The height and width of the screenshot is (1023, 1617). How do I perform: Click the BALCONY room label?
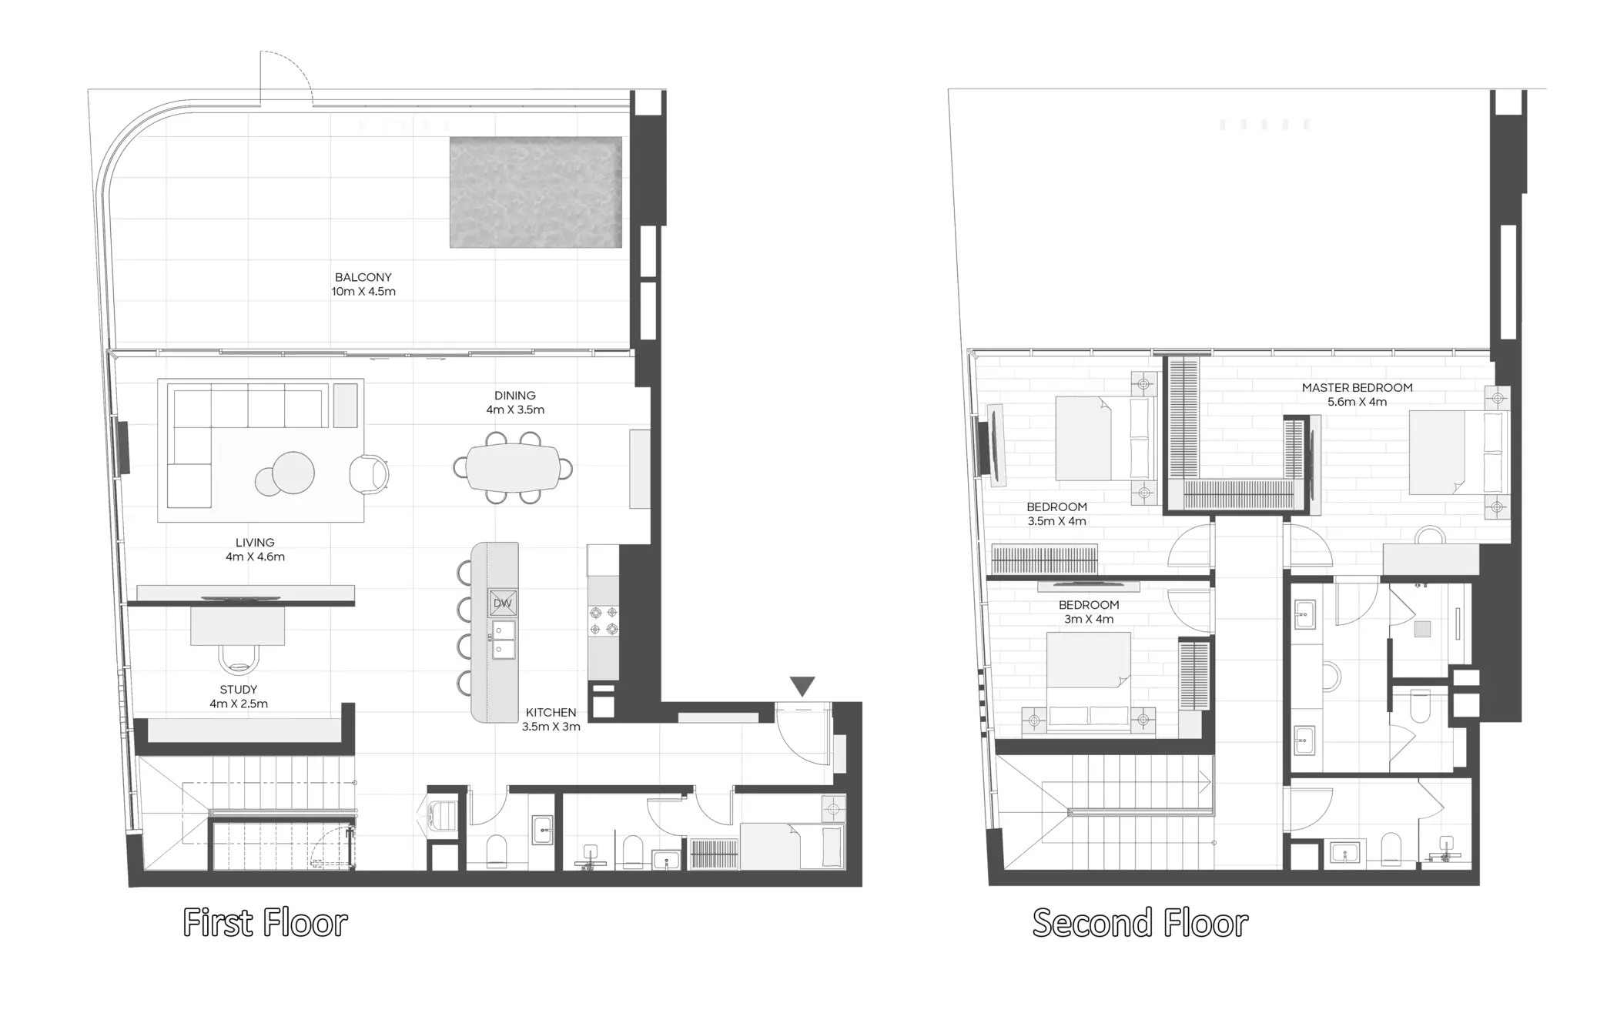pyautogui.click(x=363, y=284)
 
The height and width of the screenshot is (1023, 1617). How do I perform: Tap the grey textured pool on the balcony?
pyautogui.click(x=535, y=192)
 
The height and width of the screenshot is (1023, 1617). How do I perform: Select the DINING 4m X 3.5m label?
pyautogui.click(x=515, y=403)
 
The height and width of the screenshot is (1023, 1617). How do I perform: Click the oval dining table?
pyautogui.click(x=513, y=467)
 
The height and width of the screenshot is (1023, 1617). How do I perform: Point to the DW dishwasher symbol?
pyautogui.click(x=502, y=603)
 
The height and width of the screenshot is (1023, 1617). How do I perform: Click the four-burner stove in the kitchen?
pyautogui.click(x=603, y=620)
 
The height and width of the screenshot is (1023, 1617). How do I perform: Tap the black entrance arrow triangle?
pyautogui.click(x=802, y=685)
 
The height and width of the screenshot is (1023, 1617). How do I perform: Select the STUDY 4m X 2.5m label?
pyautogui.click(x=239, y=697)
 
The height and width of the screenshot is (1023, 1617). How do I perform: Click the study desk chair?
pyautogui.click(x=239, y=659)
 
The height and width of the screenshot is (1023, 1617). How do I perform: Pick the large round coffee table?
pyautogui.click(x=293, y=471)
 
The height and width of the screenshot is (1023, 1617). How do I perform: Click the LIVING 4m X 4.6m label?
pyautogui.click(x=255, y=550)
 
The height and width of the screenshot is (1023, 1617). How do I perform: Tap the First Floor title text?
pyautogui.click(x=265, y=922)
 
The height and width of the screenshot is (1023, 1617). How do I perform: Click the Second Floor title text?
pyautogui.click(x=1140, y=922)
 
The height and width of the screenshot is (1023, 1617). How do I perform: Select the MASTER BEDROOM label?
pyautogui.click(x=1357, y=394)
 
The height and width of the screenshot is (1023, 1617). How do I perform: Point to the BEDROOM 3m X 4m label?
pyautogui.click(x=1089, y=612)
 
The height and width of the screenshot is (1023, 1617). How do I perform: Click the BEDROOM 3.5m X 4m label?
pyautogui.click(x=1056, y=513)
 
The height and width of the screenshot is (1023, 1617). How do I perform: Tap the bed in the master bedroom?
pyautogui.click(x=1438, y=453)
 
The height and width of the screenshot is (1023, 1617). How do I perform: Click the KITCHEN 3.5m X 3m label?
pyautogui.click(x=551, y=719)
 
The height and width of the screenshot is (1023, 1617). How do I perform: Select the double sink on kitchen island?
pyautogui.click(x=504, y=640)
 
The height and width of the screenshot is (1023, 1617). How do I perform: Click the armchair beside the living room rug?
pyautogui.click(x=369, y=473)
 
